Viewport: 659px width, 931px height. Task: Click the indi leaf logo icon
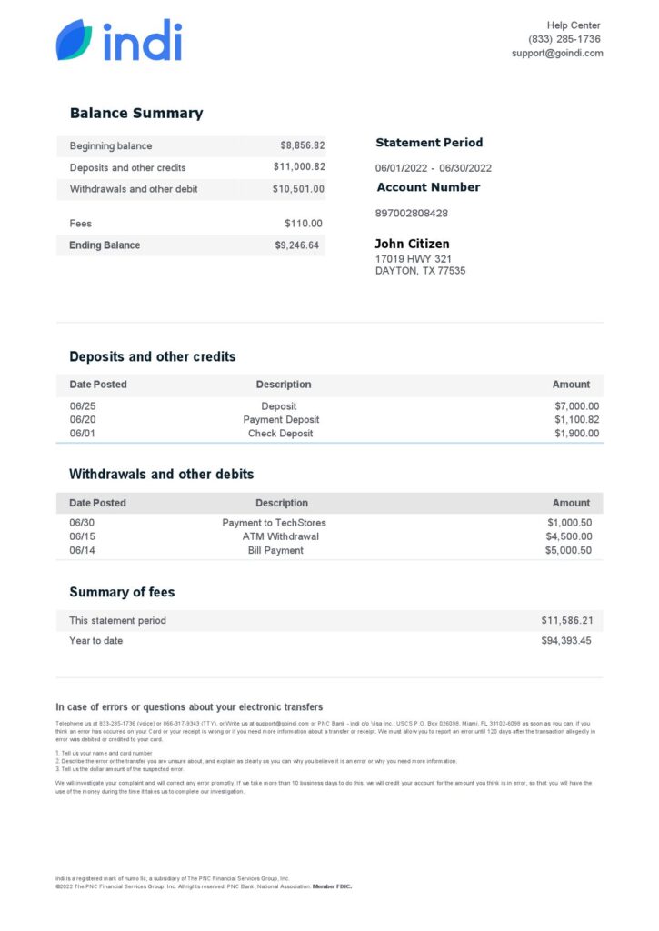(74, 40)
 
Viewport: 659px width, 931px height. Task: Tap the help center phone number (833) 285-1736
(564, 39)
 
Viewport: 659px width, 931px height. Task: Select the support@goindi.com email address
(556, 54)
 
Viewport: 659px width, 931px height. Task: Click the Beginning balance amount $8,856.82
(302, 145)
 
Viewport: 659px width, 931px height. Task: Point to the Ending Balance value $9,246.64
(297, 245)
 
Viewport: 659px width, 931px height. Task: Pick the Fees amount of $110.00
(303, 224)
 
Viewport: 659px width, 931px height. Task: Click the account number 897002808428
(412, 214)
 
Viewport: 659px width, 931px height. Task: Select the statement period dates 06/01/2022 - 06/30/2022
(434, 168)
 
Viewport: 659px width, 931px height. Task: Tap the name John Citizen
(412, 244)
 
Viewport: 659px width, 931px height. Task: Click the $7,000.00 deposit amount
(576, 406)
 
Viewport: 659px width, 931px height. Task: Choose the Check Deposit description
(280, 434)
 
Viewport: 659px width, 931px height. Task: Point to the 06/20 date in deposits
(82, 420)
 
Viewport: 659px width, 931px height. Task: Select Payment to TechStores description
(274, 523)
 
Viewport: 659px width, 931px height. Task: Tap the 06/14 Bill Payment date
(82, 550)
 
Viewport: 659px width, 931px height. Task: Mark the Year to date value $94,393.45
(566, 641)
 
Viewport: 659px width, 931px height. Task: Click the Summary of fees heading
(122, 592)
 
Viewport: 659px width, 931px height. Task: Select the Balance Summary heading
(136, 114)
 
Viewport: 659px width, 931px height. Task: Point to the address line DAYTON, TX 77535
(420, 271)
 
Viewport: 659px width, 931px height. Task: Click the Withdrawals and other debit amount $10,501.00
(298, 189)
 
